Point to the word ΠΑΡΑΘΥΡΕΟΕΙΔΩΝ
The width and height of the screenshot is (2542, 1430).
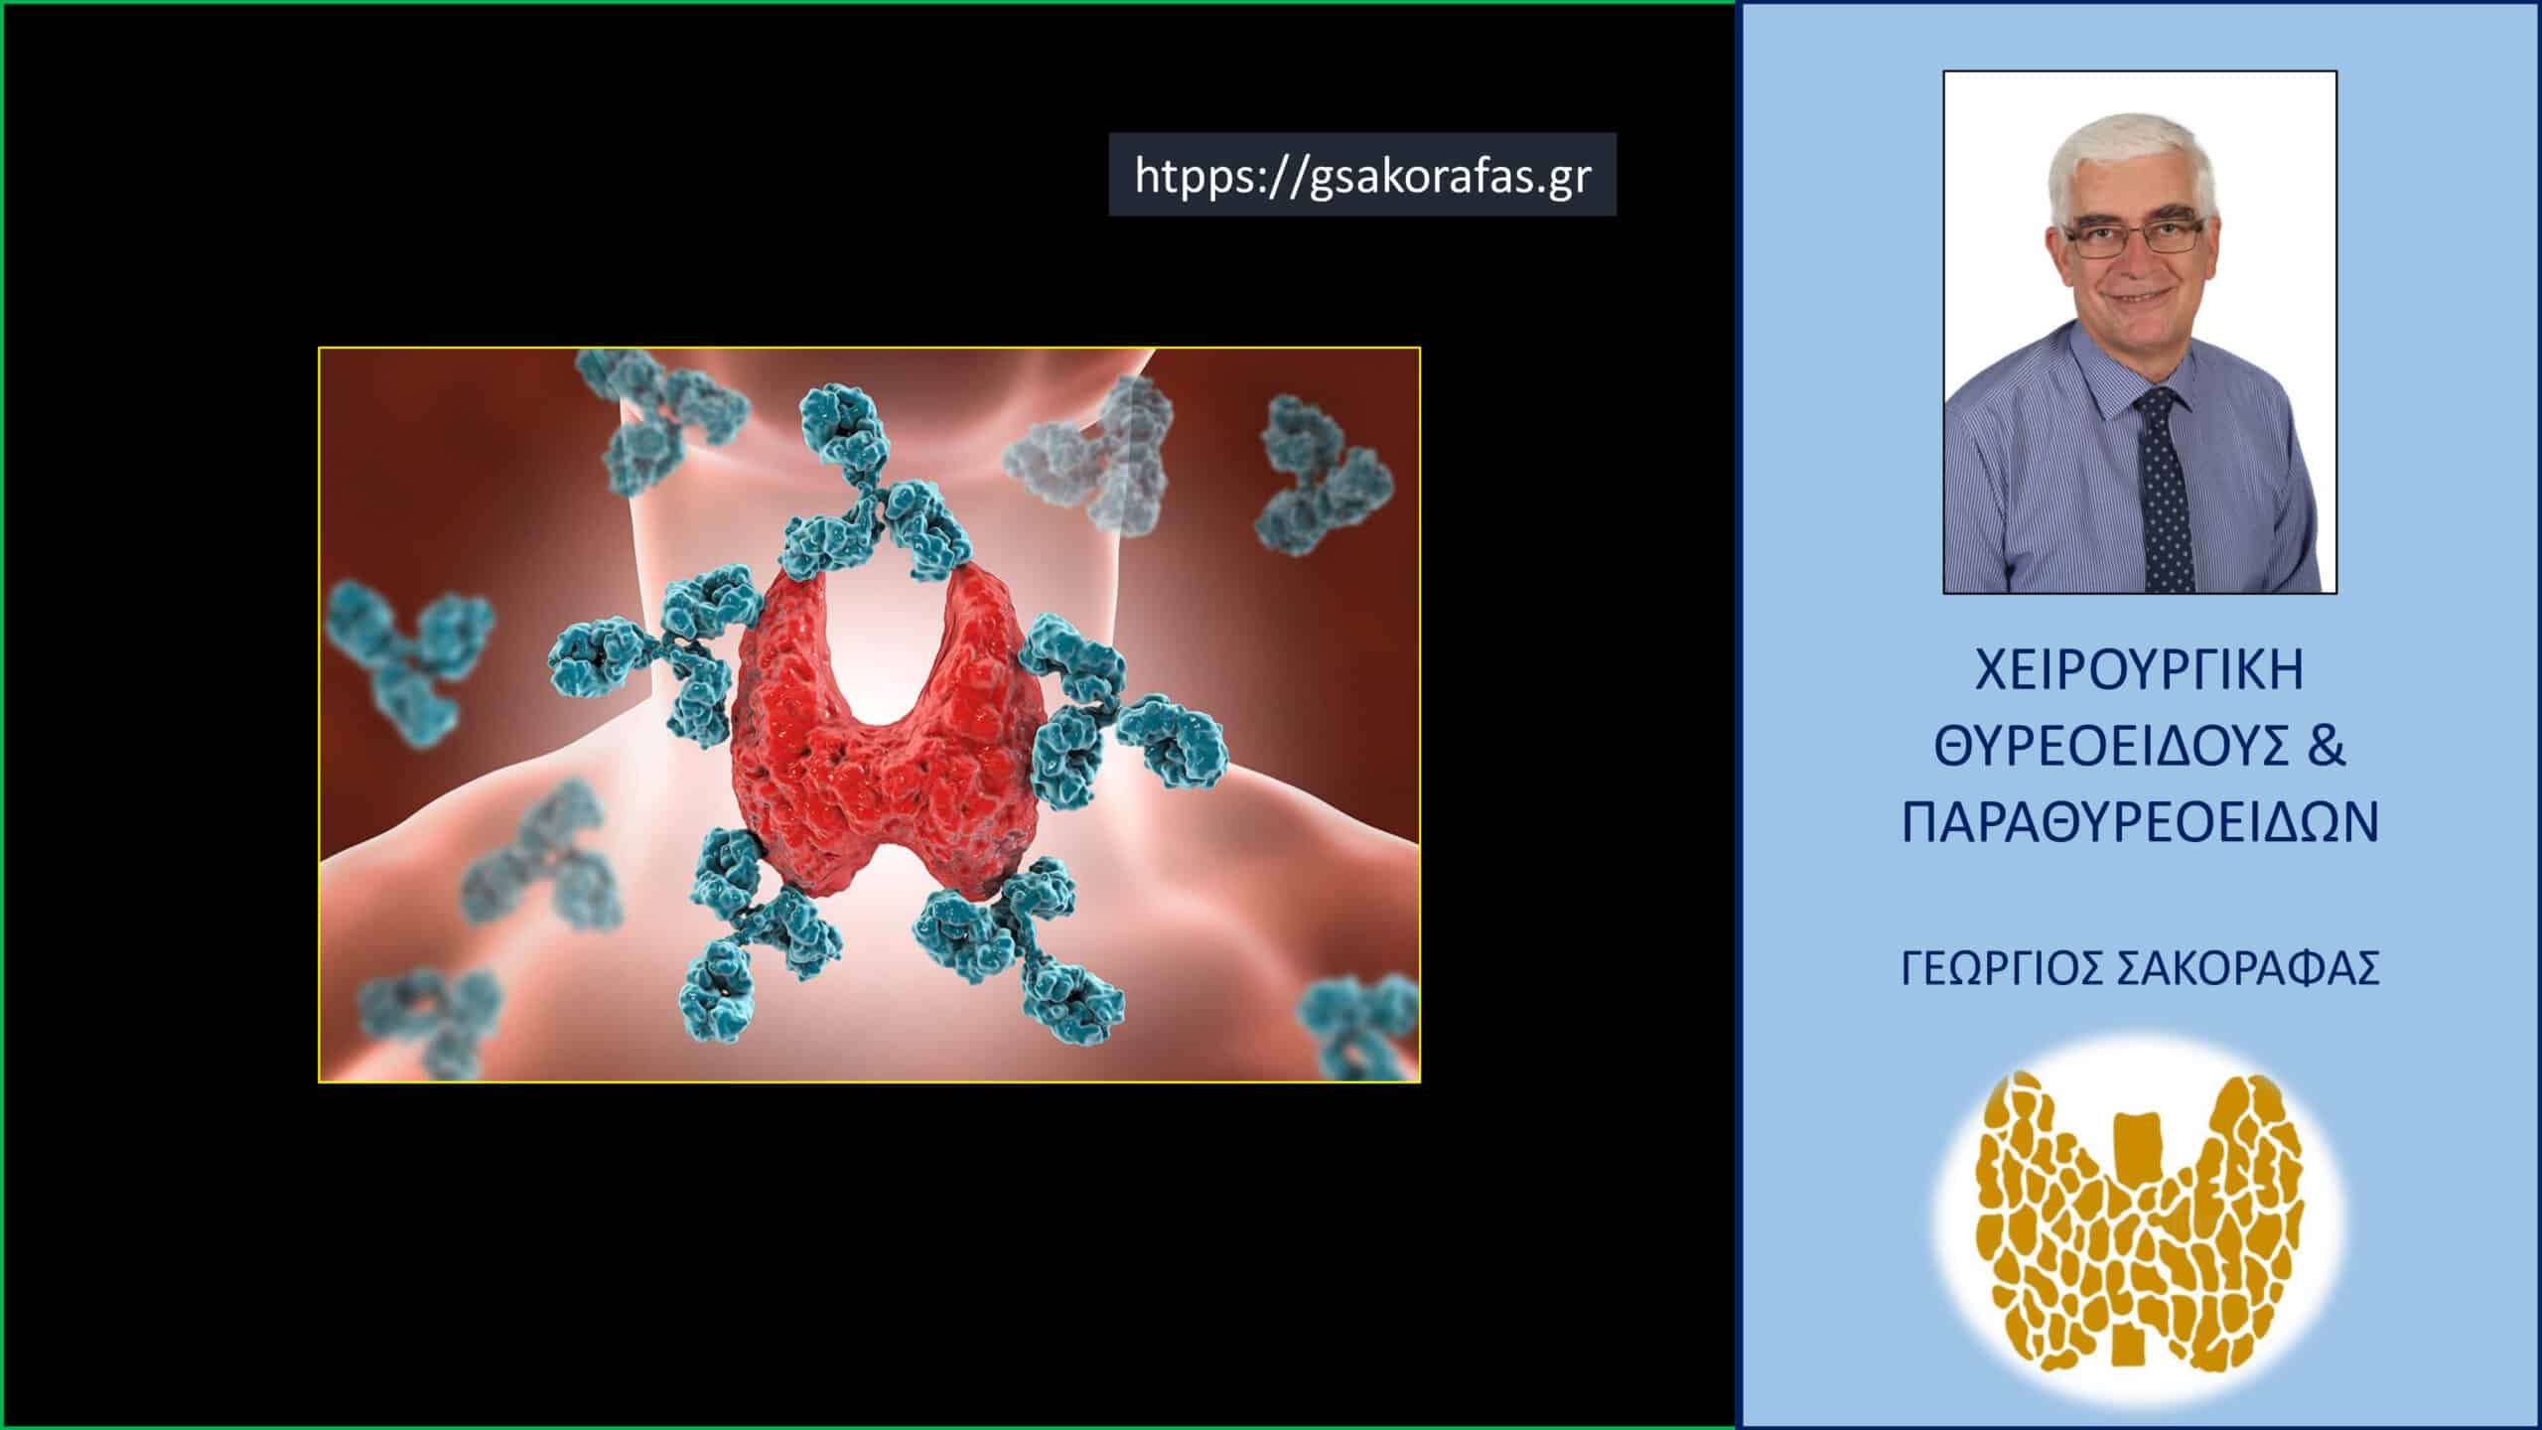[x=2140, y=823]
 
